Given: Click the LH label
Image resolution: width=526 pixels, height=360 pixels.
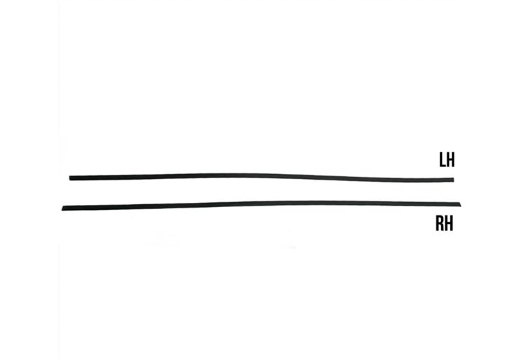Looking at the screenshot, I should point(447,160).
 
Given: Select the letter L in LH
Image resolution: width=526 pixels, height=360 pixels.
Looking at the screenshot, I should point(442,160).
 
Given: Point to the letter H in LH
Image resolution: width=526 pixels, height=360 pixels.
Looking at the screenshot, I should point(451,160).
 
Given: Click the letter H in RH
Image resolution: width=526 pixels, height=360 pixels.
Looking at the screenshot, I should point(450,224).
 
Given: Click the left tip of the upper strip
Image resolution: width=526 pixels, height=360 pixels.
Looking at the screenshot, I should point(71,178).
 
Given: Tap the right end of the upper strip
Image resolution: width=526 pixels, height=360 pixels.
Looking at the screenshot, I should point(452,180).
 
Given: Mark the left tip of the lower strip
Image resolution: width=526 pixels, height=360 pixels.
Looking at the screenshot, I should point(64,208).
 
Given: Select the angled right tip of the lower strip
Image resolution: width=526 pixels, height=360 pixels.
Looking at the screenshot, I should point(461,204).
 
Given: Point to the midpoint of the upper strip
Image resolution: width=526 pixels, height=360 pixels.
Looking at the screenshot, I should point(262,175).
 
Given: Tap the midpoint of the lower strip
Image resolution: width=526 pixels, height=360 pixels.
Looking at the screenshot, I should point(262,204).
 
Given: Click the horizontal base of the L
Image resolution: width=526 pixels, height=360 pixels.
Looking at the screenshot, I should point(443,166).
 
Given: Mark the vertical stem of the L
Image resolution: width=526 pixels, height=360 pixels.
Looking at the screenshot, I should point(440,159).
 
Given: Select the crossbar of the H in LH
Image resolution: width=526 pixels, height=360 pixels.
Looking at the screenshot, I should point(451,160).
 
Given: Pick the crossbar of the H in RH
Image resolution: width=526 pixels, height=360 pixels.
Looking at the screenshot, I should point(450,224).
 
